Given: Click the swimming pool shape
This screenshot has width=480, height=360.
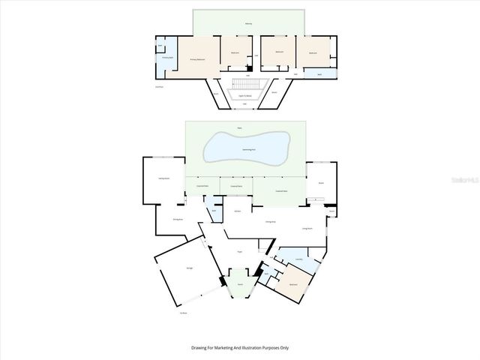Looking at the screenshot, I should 247,148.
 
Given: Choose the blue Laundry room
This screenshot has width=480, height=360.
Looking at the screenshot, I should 298,259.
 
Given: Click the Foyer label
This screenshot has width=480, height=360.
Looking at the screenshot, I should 239,251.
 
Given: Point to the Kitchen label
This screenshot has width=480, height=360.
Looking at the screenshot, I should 237,211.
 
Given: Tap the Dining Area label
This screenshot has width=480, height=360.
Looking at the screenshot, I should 270,222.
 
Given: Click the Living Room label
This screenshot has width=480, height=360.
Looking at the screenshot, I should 307,227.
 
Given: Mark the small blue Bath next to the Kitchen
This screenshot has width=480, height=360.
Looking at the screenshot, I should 214,211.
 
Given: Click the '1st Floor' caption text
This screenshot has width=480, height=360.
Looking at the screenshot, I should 182,312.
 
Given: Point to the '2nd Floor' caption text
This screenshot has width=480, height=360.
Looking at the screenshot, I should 159,87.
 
